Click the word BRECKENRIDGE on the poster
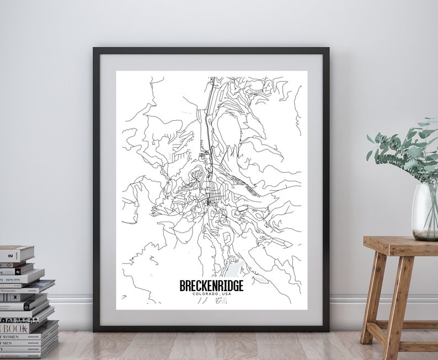click(211, 286)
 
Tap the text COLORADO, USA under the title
click(211, 295)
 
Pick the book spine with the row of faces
click(17, 319)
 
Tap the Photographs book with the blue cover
click(28, 286)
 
